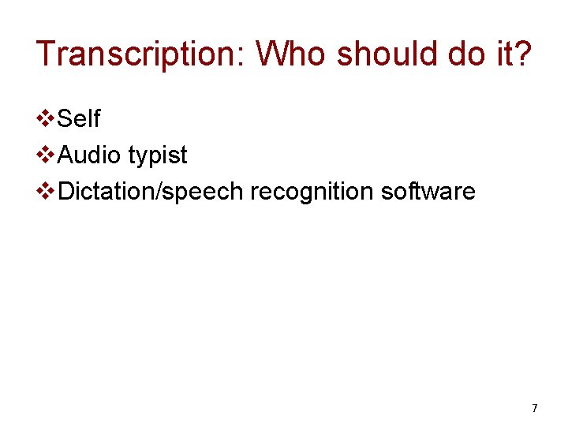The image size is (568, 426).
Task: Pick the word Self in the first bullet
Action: click(79, 119)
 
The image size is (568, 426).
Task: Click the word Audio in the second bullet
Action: click(89, 155)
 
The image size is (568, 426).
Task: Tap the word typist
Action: click(157, 156)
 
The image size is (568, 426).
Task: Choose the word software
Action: click(428, 192)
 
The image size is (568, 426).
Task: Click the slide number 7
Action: click(535, 408)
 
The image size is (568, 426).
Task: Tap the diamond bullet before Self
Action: click(47, 119)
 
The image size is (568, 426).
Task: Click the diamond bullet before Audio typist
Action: click(47, 155)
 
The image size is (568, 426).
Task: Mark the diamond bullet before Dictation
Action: click(47, 192)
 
